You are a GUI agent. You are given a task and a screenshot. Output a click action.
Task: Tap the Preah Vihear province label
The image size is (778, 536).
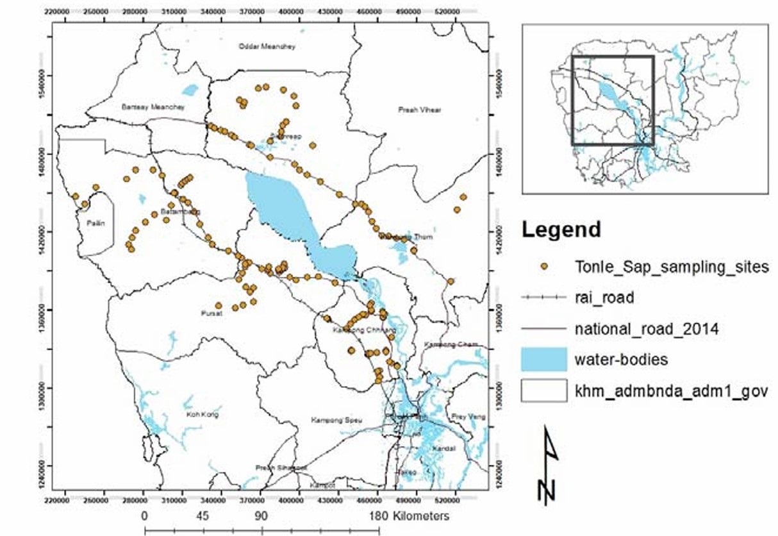point(417,110)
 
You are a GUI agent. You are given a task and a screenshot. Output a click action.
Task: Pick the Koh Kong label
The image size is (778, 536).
point(202,415)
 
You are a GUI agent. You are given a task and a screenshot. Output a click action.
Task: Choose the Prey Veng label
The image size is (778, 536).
point(473,417)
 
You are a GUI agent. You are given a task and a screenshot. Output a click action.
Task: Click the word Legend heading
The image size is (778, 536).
point(561,229)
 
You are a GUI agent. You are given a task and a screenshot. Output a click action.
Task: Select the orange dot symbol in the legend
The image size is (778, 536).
point(545,267)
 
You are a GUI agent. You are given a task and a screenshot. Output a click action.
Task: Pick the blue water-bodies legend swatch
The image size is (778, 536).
point(544,359)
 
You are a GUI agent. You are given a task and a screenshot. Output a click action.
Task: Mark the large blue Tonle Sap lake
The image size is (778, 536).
point(282,205)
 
